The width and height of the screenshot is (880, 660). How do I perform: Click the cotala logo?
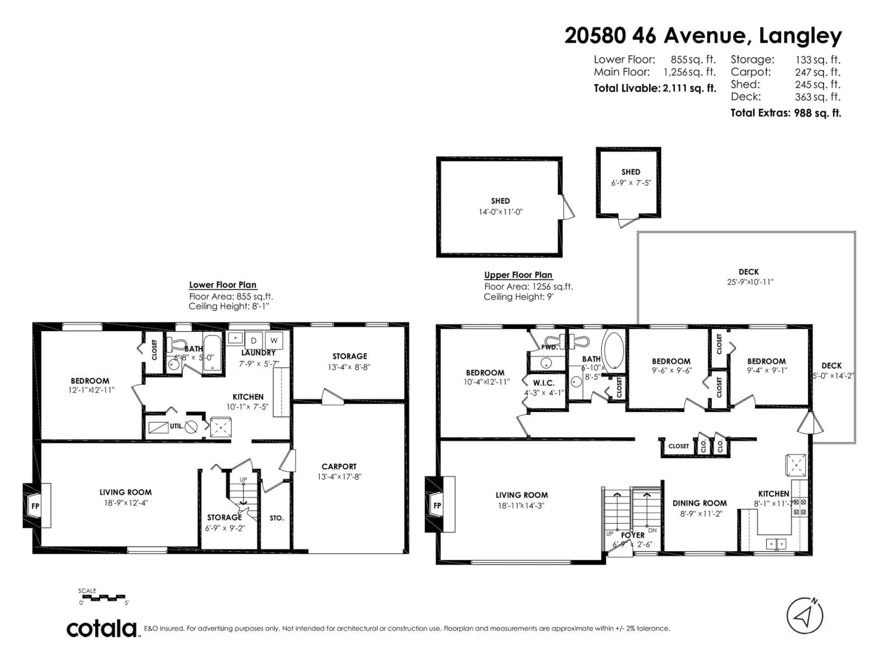pyautogui.click(x=102, y=629)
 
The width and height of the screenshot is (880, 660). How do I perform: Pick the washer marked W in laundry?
pyautogui.click(x=274, y=341)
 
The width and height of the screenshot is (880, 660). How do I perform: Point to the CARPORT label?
pyautogui.click(x=339, y=466)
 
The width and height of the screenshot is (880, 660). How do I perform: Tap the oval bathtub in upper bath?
pyautogui.click(x=614, y=351)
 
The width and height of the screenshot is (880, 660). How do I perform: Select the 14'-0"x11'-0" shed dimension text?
pyautogui.click(x=500, y=212)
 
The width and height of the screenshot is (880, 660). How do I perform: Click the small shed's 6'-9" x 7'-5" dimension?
pyautogui.click(x=631, y=183)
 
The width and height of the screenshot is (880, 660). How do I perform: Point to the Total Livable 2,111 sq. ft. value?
pyautogui.click(x=689, y=88)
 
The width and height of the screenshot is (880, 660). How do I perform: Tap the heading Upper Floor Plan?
pyautogui.click(x=518, y=275)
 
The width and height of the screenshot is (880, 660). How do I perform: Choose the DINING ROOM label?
pyautogui.click(x=699, y=503)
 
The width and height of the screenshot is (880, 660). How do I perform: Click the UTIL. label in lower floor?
pyautogui.click(x=177, y=426)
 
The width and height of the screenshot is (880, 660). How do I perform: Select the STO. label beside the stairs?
pyautogui.click(x=277, y=518)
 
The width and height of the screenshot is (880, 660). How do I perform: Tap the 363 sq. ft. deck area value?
pyautogui.click(x=817, y=97)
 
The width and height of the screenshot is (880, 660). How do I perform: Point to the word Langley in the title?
pyautogui.click(x=800, y=37)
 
